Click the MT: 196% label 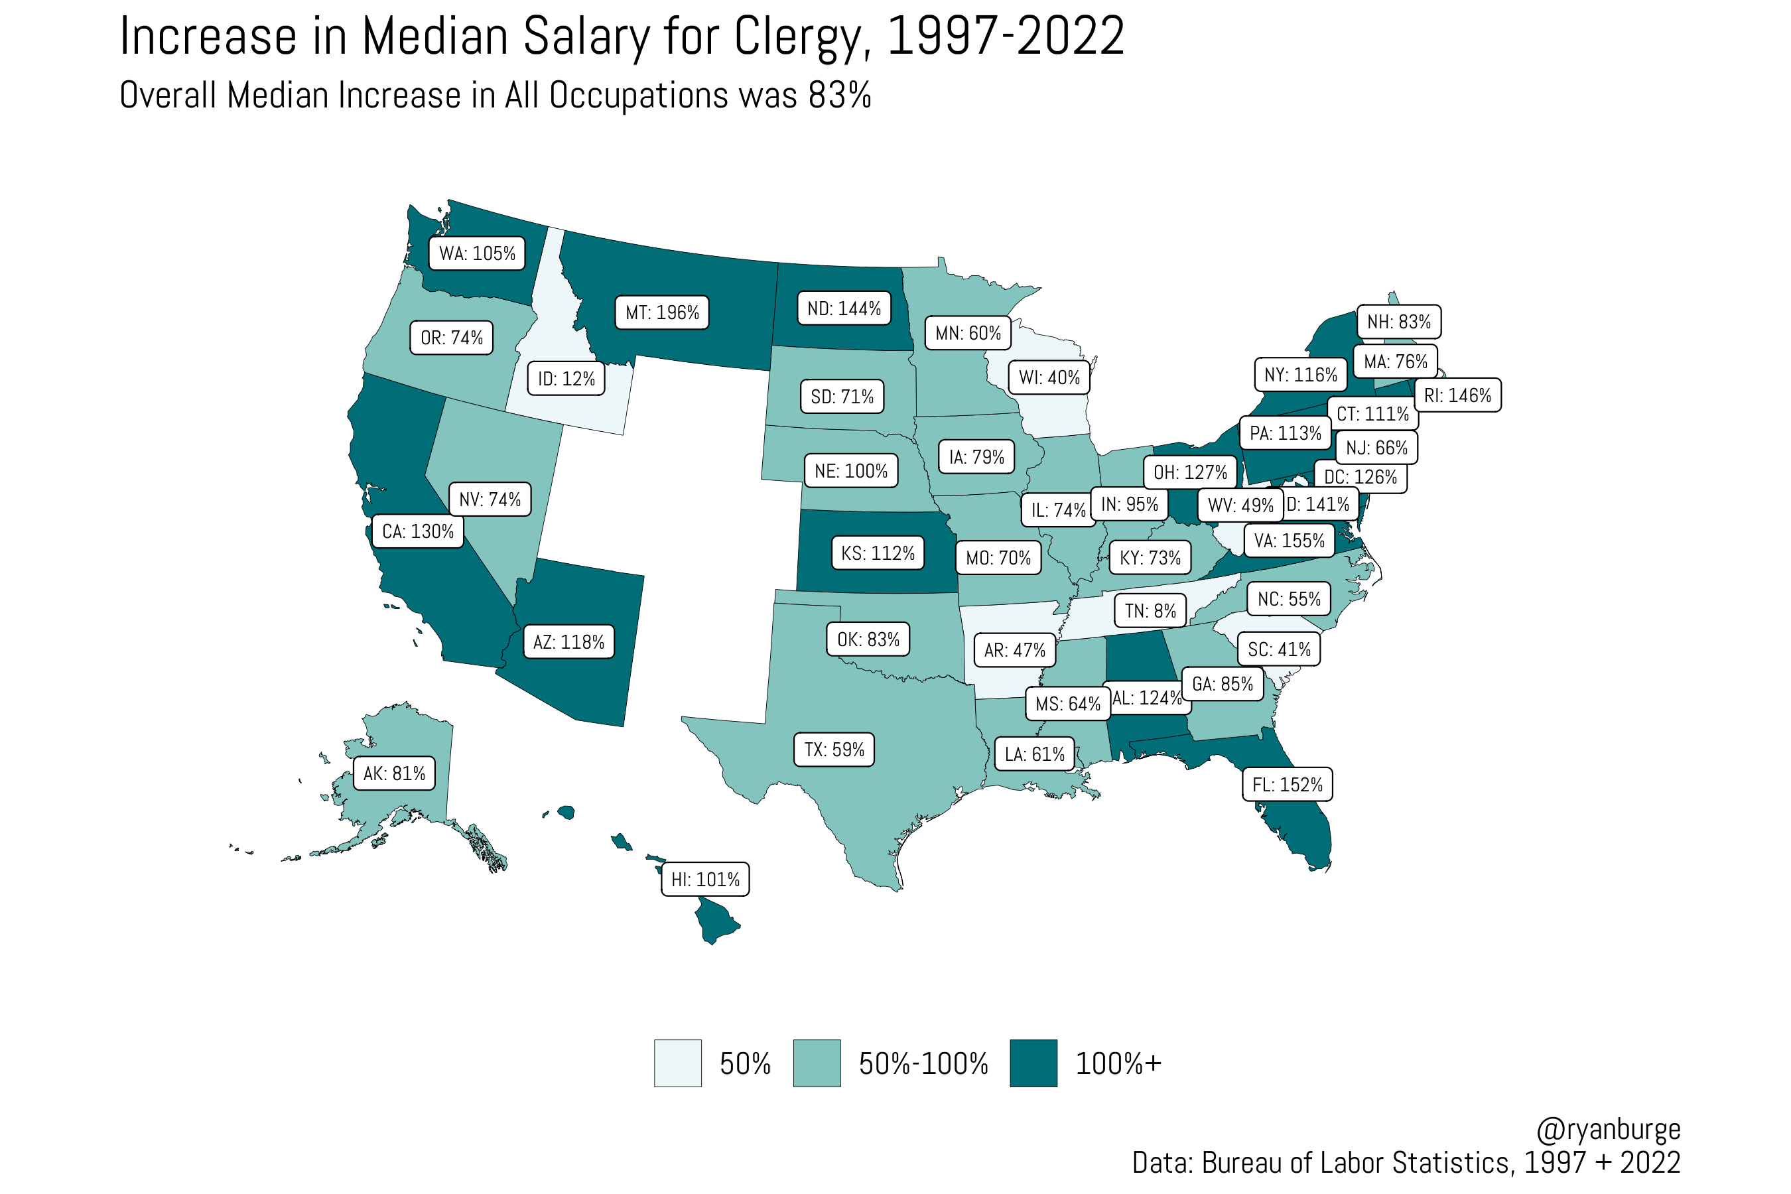(662, 312)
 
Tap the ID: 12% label (566, 379)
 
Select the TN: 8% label (1150, 611)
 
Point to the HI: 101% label (704, 880)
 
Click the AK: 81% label (393, 773)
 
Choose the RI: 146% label (1457, 395)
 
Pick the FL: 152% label (1287, 784)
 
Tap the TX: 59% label (834, 750)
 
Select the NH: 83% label (1398, 321)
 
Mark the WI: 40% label (1049, 377)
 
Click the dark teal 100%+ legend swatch (1033, 1063)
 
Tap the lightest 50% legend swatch (678, 1063)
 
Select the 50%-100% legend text (923, 1064)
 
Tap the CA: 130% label (417, 531)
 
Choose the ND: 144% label (844, 308)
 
